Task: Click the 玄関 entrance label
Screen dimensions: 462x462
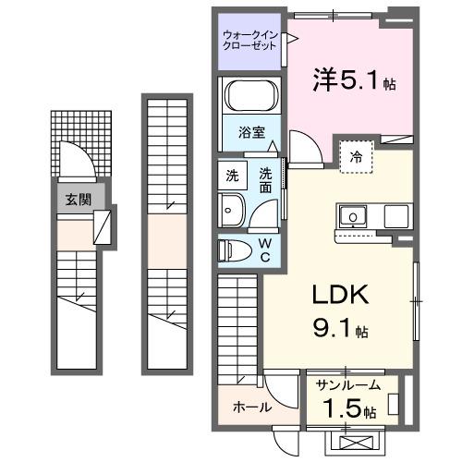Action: (x=78, y=198)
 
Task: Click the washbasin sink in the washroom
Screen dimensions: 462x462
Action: (x=231, y=210)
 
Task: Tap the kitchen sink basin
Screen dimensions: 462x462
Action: (x=353, y=217)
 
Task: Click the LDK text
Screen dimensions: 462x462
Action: (x=337, y=296)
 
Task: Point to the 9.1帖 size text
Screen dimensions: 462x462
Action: (x=345, y=328)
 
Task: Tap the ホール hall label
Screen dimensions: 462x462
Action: (x=250, y=407)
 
